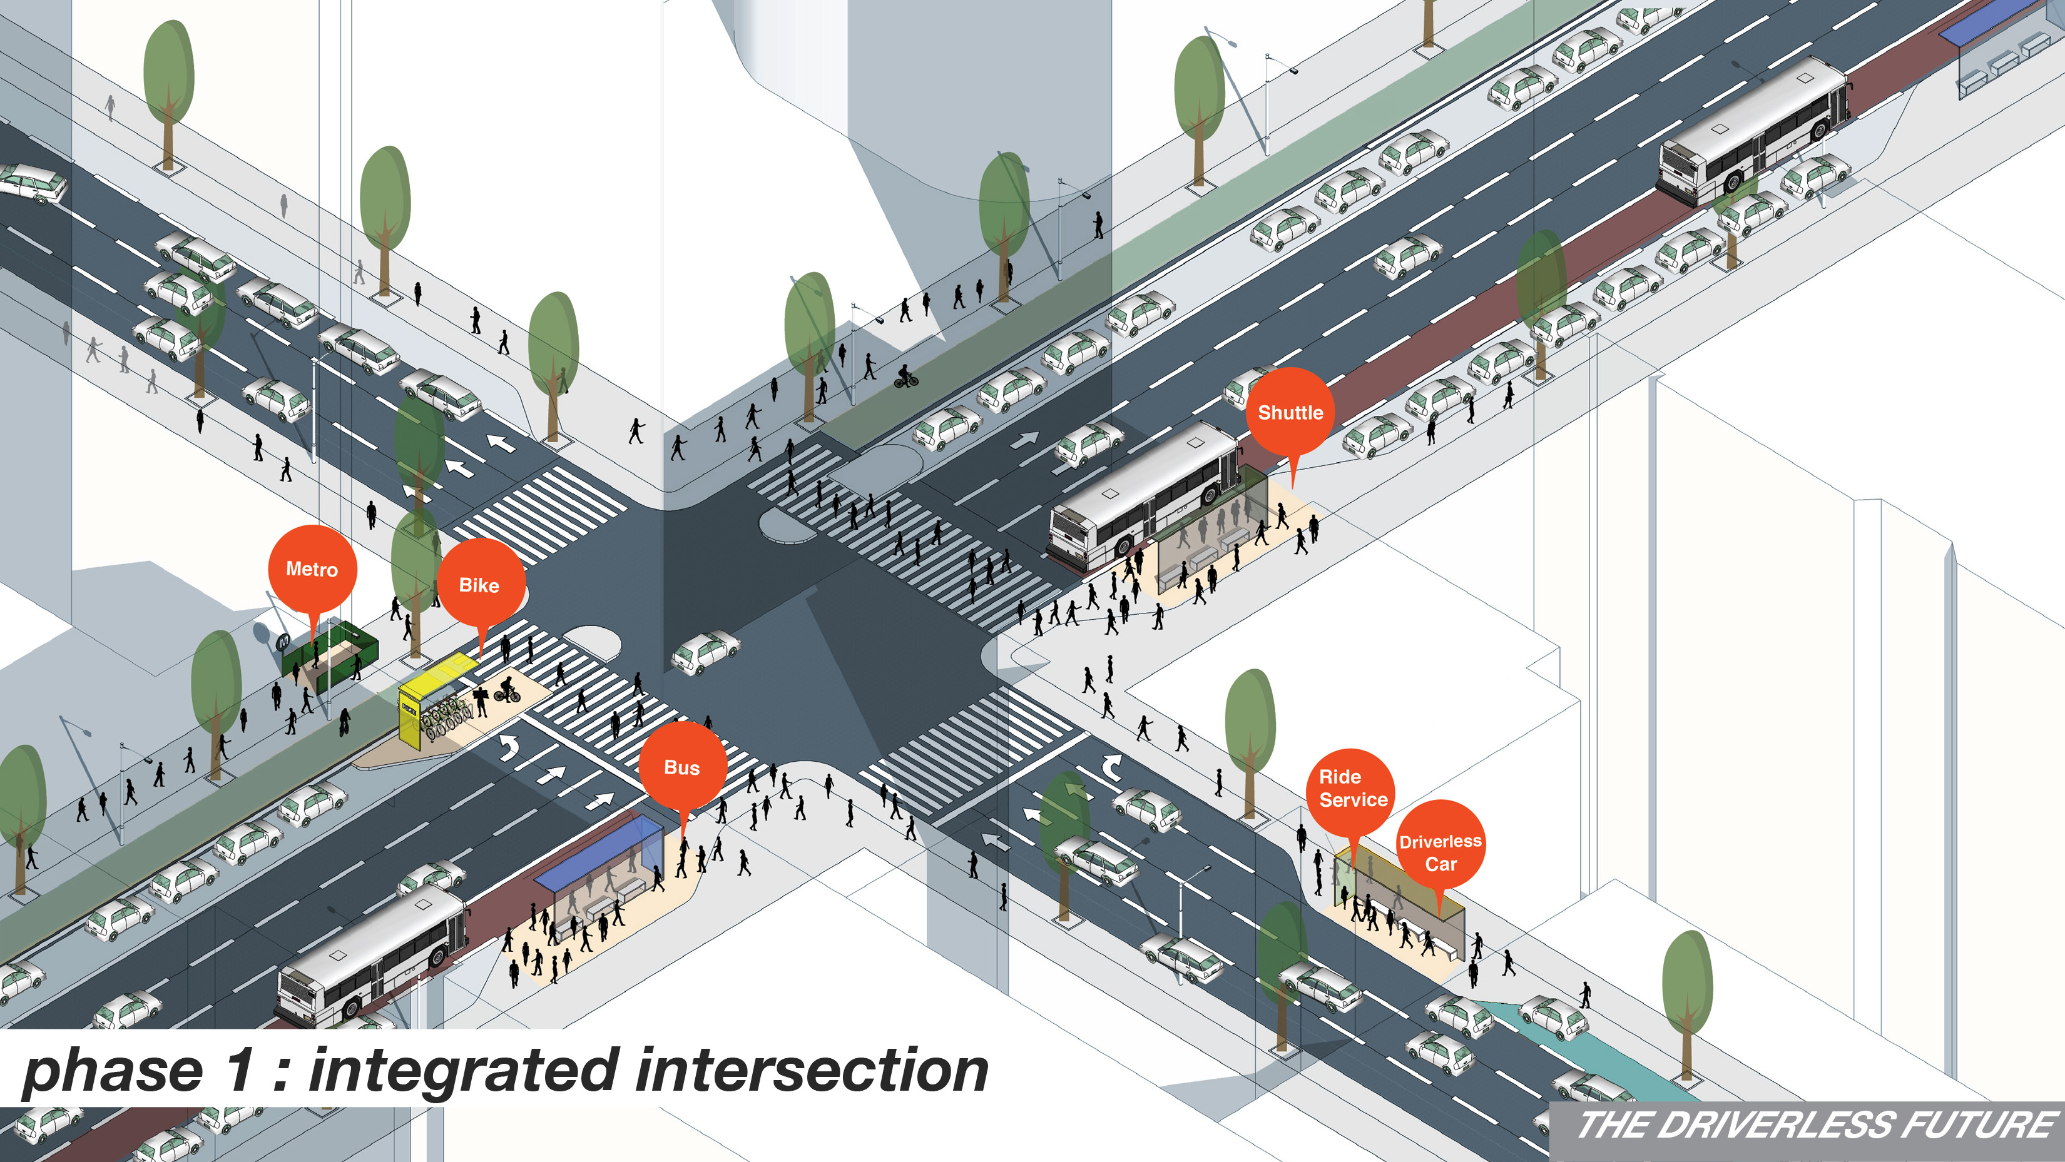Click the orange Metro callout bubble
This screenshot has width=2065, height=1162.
point(312,570)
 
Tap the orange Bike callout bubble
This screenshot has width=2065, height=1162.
point(479,585)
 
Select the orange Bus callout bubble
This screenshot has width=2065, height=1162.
point(682,767)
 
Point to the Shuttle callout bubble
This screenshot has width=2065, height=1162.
point(1290,413)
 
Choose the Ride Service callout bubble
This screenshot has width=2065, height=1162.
point(1352,789)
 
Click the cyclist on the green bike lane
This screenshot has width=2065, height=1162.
point(906,376)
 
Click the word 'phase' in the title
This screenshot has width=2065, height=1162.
point(112,1072)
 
